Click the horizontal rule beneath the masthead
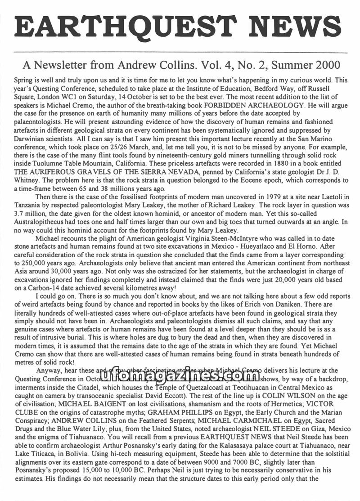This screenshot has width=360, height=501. click(180, 53)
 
